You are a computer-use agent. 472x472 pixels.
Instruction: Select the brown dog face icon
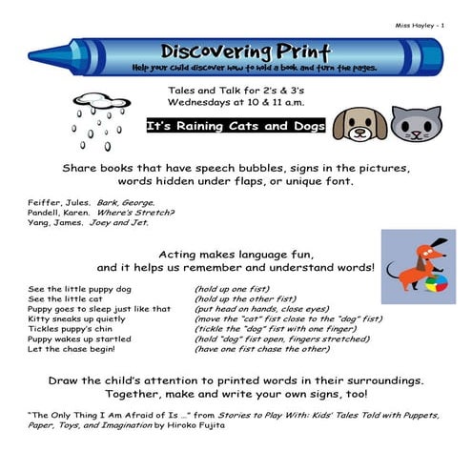point(361,122)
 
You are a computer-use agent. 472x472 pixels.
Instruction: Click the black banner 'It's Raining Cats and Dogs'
point(236,127)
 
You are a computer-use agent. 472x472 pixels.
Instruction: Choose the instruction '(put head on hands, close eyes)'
point(258,309)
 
